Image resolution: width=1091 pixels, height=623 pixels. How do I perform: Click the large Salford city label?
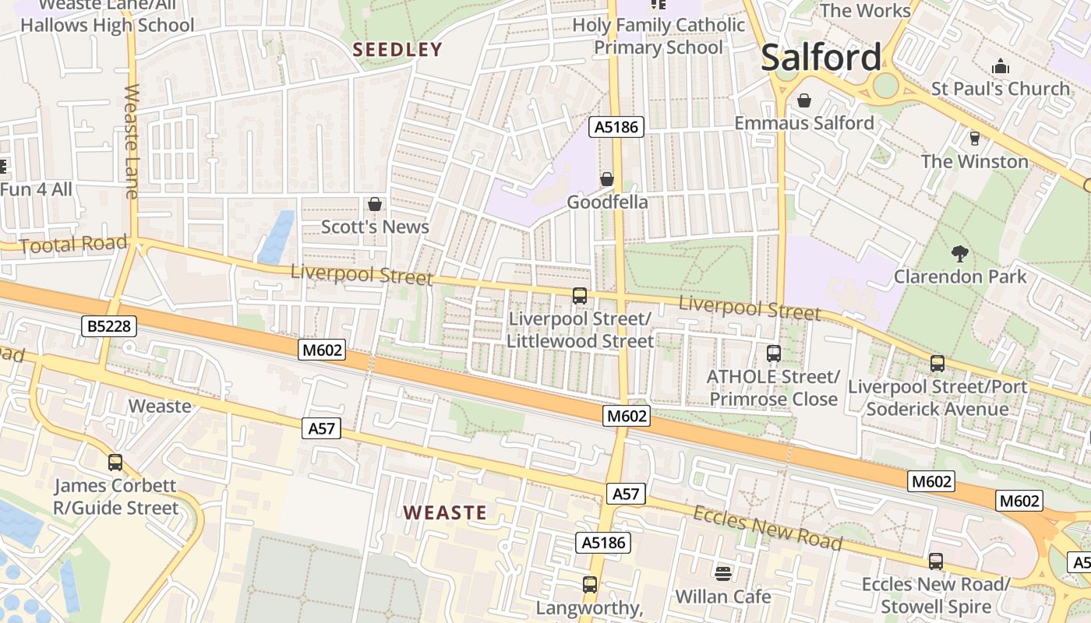pyautogui.click(x=821, y=58)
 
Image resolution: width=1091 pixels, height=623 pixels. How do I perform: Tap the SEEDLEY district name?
pyautogui.click(x=397, y=50)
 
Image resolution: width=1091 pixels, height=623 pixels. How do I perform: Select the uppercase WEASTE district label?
pyautogui.click(x=445, y=512)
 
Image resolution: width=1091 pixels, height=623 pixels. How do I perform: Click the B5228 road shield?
pyautogui.click(x=110, y=326)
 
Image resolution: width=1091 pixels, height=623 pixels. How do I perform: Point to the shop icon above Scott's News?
pyautogui.click(x=375, y=204)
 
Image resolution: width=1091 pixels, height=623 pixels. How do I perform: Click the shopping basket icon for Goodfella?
pyautogui.click(x=607, y=179)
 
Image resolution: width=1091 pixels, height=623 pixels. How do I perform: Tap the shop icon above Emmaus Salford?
pyautogui.click(x=804, y=100)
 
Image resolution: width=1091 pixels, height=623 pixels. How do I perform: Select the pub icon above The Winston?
pyautogui.click(x=974, y=139)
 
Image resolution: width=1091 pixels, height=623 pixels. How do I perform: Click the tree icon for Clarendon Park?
pyautogui.click(x=959, y=253)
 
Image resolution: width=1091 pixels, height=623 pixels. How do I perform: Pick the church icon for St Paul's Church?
pyautogui.click(x=1001, y=66)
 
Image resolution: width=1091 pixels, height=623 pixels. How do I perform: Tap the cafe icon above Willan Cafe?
pyautogui.click(x=723, y=574)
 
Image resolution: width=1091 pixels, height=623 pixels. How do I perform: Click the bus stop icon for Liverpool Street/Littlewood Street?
pyautogui.click(x=579, y=296)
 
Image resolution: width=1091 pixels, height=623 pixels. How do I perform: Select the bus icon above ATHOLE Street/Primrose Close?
pyautogui.click(x=773, y=354)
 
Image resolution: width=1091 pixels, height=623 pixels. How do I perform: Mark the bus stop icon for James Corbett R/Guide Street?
pyautogui.click(x=115, y=463)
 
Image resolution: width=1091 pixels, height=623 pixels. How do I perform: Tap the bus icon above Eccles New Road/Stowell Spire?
pyautogui.click(x=936, y=561)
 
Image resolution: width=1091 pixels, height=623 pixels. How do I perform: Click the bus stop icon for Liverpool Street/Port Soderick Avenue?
pyautogui.click(x=937, y=364)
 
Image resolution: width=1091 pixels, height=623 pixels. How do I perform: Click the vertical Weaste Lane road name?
pyautogui.click(x=131, y=140)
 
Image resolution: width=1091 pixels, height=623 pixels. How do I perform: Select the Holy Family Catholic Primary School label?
pyautogui.click(x=658, y=36)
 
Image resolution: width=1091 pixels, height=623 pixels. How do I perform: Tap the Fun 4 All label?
pyautogui.click(x=36, y=189)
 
